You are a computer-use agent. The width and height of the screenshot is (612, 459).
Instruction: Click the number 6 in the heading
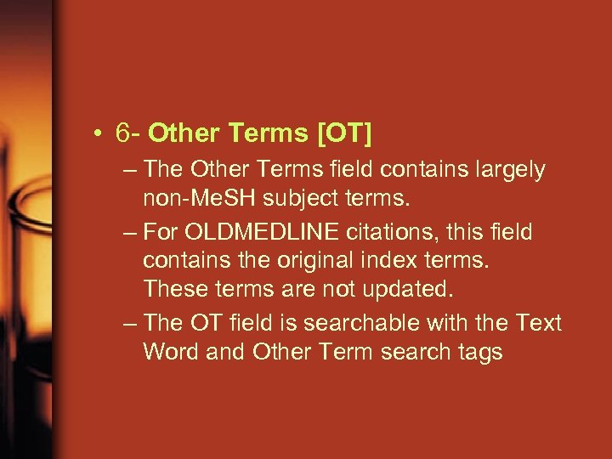pyautogui.click(x=125, y=133)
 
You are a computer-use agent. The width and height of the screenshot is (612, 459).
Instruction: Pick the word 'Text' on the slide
pyautogui.click(x=537, y=323)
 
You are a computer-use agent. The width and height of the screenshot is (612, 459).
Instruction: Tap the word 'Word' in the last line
pyautogui.click(x=172, y=351)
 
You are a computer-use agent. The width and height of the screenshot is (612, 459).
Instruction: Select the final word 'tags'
pyautogui.click(x=479, y=351)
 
